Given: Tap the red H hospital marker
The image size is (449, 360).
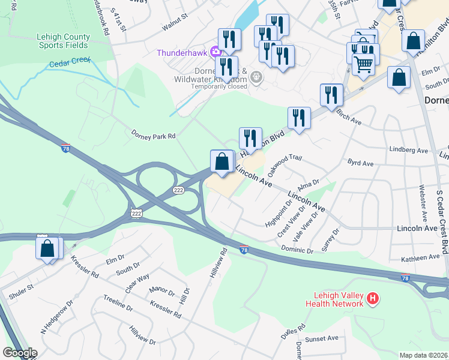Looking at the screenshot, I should point(373,298).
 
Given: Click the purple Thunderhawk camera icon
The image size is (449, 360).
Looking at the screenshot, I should point(215,52).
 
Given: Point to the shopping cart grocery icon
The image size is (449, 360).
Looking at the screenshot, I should point(363,64).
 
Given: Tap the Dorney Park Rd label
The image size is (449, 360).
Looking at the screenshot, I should point(154,136).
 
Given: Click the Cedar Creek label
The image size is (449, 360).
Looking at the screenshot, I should point(70,62).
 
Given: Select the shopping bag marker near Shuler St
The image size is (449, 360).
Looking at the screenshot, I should point(47,248).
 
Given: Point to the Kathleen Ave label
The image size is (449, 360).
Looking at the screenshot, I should point(421,257).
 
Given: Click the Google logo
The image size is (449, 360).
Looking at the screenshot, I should point(20,353).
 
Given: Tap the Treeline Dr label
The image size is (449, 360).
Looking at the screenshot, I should point(118,302).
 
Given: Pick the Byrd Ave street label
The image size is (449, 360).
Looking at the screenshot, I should point(360,163).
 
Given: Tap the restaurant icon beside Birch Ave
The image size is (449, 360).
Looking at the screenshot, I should point(331,94).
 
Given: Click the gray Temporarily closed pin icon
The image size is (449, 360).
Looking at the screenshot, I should point(256,77).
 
